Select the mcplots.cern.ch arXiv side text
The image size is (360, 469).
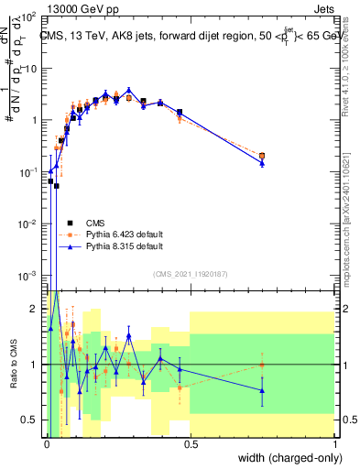click(x=352, y=220)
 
